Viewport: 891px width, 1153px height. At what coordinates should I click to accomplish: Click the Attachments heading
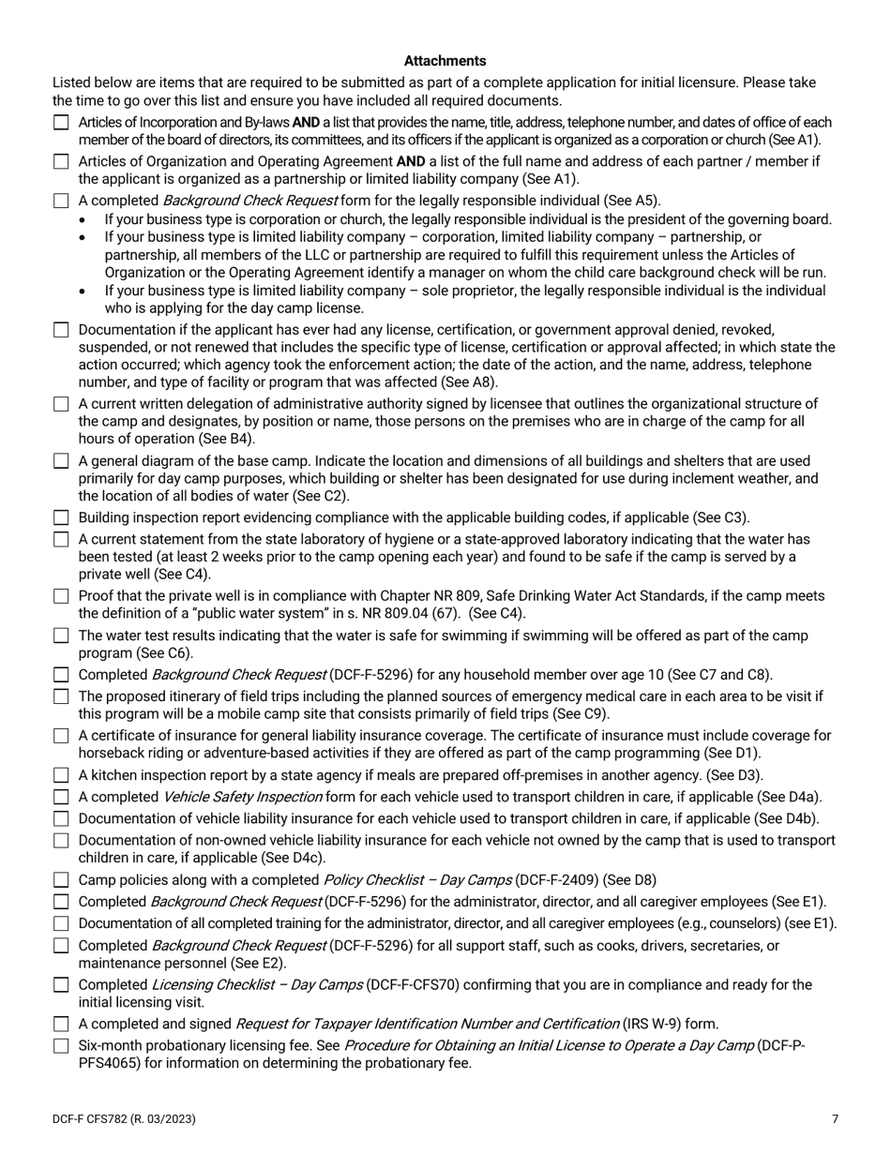click(445, 61)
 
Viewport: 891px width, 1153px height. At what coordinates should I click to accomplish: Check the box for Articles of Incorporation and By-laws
click(61, 123)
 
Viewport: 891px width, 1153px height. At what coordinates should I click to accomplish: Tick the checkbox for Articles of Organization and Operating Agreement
click(61, 161)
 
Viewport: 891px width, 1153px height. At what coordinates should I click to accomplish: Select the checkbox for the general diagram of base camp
click(61, 461)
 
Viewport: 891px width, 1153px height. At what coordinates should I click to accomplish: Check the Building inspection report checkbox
click(61, 517)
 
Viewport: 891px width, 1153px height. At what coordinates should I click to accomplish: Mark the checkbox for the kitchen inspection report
click(61, 775)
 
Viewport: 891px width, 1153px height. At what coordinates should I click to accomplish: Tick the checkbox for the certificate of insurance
click(61, 736)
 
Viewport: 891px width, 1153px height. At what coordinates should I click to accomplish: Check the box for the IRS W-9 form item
click(61, 1024)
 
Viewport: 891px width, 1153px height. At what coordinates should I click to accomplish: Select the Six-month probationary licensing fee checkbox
click(61, 1045)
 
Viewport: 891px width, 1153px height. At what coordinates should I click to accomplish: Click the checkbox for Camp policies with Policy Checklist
click(61, 880)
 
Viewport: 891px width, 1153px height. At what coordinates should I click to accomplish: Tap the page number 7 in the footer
click(835, 1118)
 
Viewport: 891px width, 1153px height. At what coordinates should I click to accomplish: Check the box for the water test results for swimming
click(61, 636)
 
